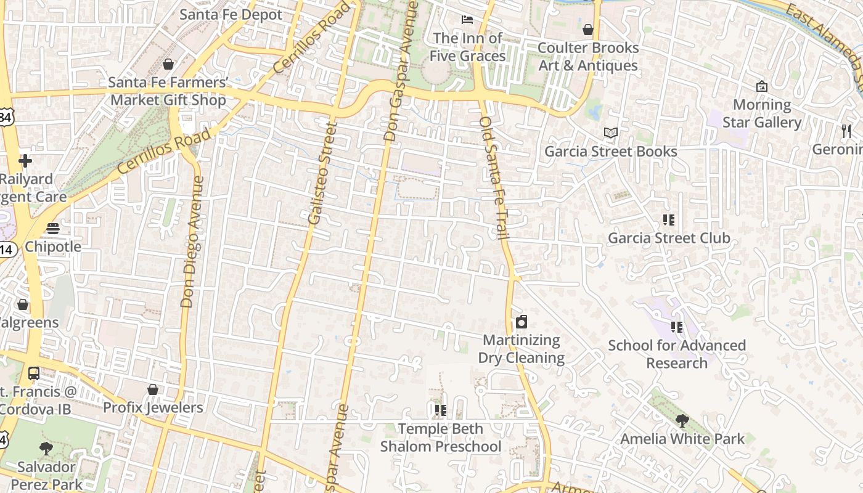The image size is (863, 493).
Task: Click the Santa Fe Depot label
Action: tap(231, 14)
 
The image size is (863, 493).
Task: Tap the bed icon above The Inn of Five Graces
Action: tap(467, 20)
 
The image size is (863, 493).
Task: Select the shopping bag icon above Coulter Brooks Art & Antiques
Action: tap(588, 29)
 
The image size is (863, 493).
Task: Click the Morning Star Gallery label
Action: tap(762, 113)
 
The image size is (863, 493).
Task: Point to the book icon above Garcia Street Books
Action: tap(610, 132)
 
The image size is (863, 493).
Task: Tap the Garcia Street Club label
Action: tap(669, 238)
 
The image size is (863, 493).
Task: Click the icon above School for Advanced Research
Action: tap(677, 327)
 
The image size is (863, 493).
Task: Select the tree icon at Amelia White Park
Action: tap(682, 421)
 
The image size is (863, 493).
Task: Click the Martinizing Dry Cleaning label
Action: tap(521, 349)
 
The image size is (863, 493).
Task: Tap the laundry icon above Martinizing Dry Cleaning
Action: tap(521, 322)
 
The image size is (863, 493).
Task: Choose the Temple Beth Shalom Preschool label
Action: tap(440, 438)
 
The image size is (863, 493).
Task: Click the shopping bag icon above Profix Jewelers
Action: tap(153, 389)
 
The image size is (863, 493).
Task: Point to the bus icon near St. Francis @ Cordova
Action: tap(34, 373)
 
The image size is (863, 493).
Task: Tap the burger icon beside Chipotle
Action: tap(53, 229)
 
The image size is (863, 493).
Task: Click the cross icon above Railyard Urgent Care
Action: tap(25, 161)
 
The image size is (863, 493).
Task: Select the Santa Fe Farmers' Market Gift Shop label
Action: tap(168, 91)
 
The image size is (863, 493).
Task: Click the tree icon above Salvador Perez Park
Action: tap(46, 449)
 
